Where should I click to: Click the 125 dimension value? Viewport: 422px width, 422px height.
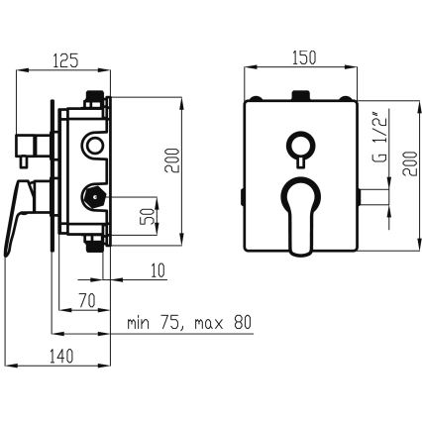[65, 60]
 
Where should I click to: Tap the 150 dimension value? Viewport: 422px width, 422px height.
[304, 57]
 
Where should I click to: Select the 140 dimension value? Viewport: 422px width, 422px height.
[61, 357]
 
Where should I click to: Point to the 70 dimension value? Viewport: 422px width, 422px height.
[87, 300]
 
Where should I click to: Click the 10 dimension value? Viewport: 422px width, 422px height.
[158, 270]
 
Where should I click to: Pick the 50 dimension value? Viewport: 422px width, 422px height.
[149, 216]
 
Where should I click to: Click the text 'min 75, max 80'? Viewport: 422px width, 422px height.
[189, 322]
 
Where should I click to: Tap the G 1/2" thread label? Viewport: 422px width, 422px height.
[380, 139]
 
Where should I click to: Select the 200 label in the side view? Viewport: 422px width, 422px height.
[172, 160]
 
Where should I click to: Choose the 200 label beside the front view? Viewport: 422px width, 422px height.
[410, 163]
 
